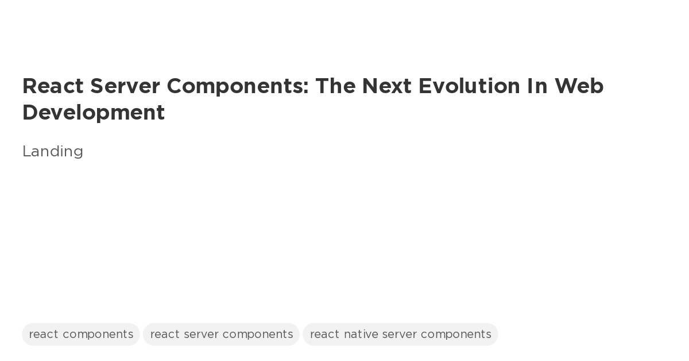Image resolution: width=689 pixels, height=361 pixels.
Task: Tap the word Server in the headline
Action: click(x=125, y=86)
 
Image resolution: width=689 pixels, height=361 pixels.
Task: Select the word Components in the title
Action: click(x=235, y=86)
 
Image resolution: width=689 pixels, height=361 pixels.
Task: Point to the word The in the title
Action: click(x=335, y=86)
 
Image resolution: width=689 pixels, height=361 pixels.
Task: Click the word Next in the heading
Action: click(x=386, y=86)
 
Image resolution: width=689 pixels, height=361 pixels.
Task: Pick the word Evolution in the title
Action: click(x=469, y=86)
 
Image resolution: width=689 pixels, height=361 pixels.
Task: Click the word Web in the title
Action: click(x=579, y=86)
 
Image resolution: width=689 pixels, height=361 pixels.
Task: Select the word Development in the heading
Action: click(x=94, y=113)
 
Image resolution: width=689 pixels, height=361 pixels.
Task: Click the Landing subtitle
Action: click(x=53, y=151)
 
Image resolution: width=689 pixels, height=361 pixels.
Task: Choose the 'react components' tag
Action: click(x=81, y=335)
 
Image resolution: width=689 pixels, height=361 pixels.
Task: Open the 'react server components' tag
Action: click(x=221, y=335)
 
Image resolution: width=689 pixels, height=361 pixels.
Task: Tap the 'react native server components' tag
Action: click(x=400, y=335)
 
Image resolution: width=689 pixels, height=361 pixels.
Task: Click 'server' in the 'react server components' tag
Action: click(x=201, y=335)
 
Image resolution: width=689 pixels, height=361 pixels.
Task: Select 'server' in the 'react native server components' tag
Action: click(x=399, y=335)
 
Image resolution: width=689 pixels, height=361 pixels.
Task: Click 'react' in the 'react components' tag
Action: click(x=44, y=335)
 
